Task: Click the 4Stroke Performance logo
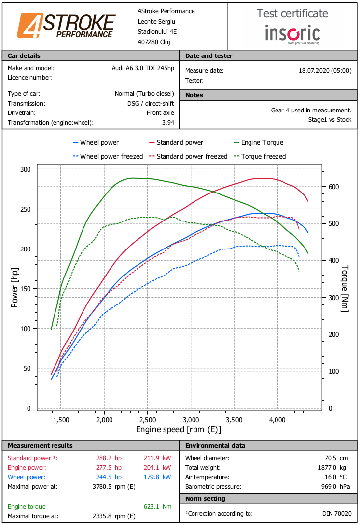click(x=66, y=26)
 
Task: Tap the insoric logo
click(x=292, y=34)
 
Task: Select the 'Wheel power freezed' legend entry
click(x=108, y=156)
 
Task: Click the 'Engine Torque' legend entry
click(x=258, y=142)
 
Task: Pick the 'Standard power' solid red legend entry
click(x=176, y=142)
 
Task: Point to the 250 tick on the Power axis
click(x=25, y=209)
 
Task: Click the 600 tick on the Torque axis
click(x=333, y=187)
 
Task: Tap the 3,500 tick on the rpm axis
click(x=234, y=420)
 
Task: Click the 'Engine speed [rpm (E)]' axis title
click(x=178, y=430)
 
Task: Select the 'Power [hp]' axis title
click(x=14, y=288)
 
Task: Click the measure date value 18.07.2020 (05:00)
click(x=325, y=71)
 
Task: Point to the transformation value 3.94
click(x=168, y=123)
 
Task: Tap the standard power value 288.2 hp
click(x=109, y=458)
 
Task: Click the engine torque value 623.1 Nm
click(x=157, y=507)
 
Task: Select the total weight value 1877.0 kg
click(x=332, y=468)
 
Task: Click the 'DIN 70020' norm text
click(x=336, y=514)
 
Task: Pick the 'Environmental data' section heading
click(x=215, y=445)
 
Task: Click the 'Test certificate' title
click(x=292, y=13)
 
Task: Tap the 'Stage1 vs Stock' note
click(x=330, y=119)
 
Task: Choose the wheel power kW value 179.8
click(x=157, y=477)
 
